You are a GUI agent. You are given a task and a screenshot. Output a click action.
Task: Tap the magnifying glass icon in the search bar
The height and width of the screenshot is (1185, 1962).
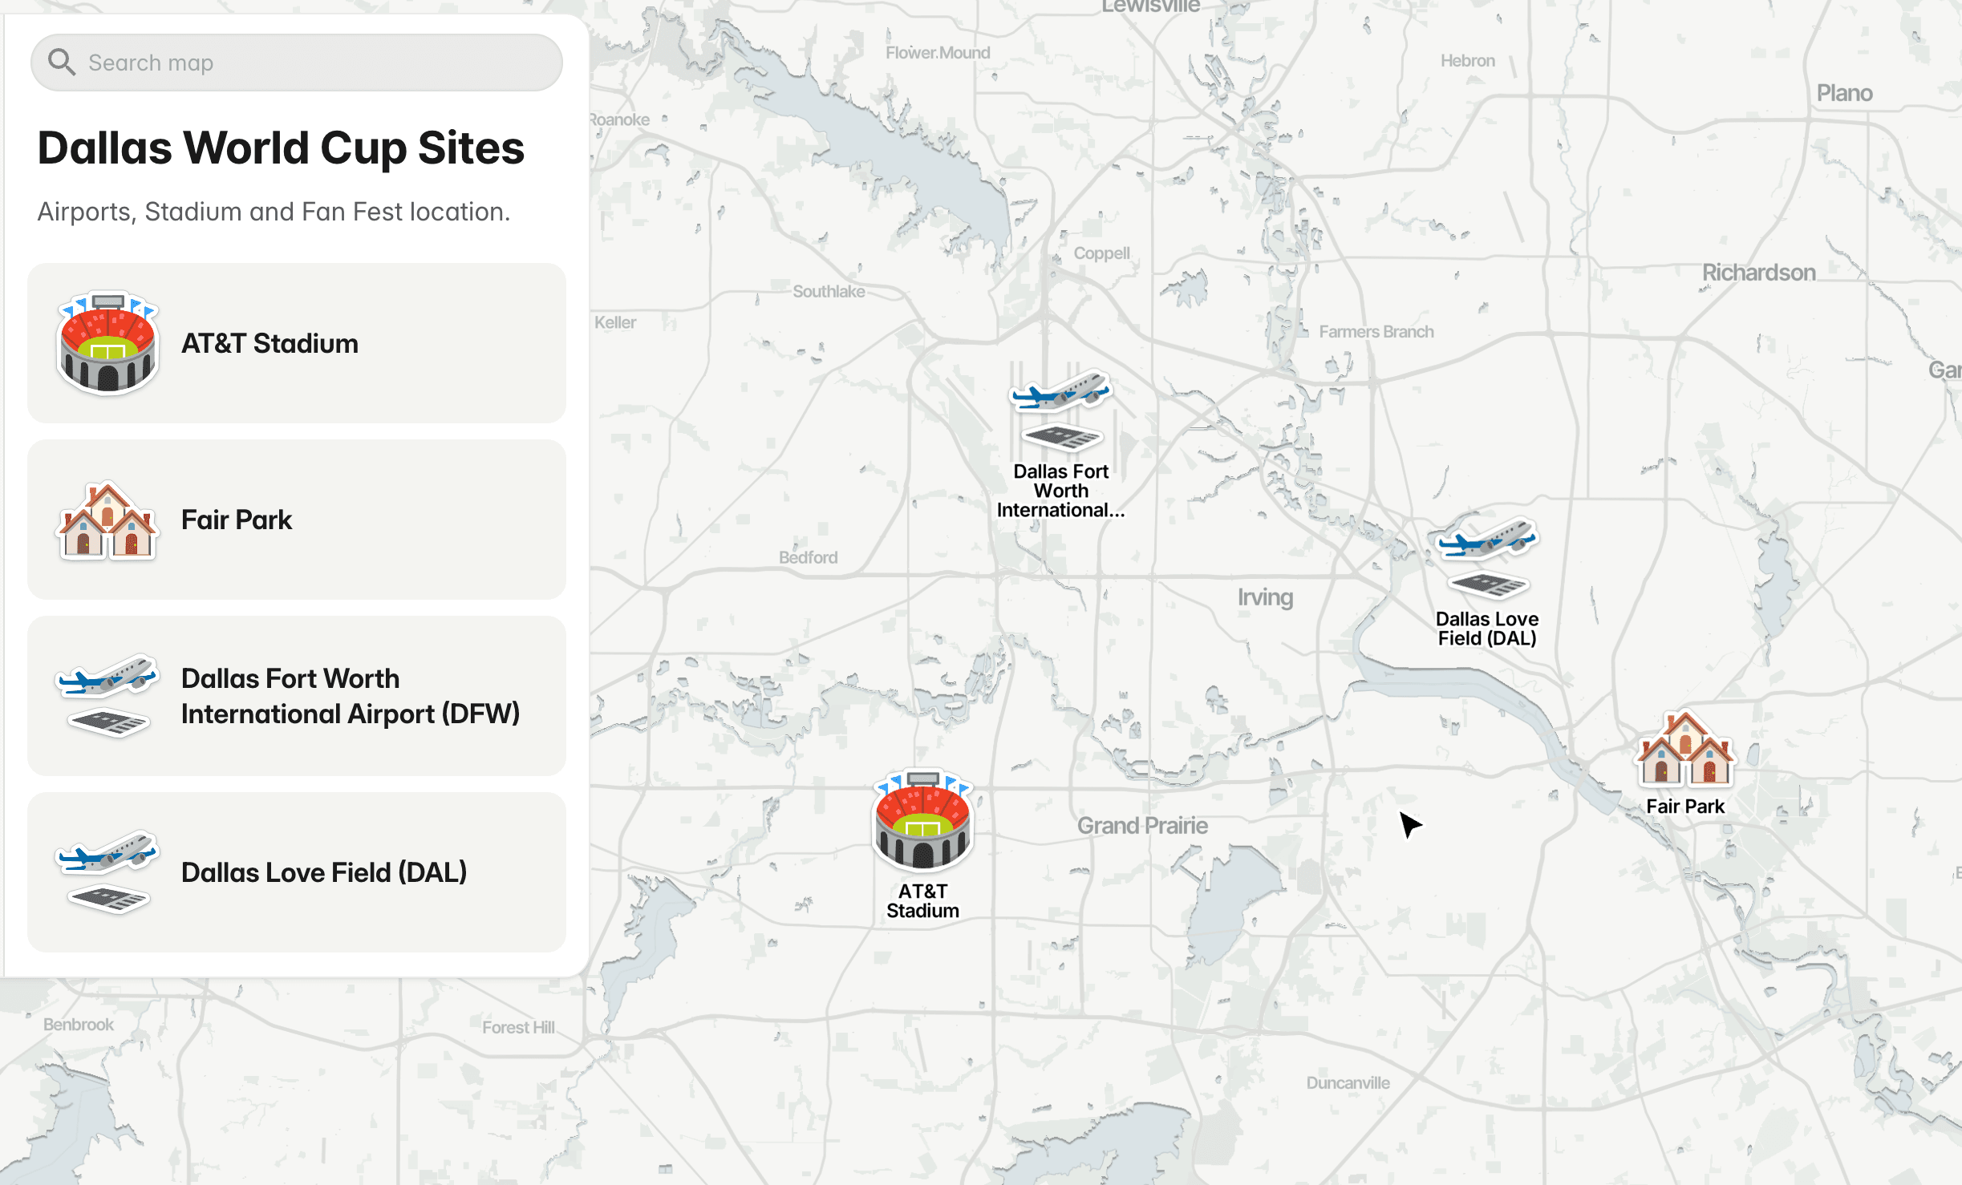(61, 62)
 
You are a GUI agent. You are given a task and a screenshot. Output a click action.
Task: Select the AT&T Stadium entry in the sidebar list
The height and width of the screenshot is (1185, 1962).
(297, 343)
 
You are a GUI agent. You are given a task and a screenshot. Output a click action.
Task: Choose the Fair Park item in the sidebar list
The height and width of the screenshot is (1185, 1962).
(297, 520)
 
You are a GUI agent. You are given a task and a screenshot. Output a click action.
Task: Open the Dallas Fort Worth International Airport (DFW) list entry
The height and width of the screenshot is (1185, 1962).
(297, 696)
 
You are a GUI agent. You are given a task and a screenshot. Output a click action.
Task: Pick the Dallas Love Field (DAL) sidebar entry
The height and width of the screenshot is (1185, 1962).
(297, 872)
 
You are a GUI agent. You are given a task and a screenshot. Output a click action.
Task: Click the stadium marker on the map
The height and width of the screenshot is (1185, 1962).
(922, 822)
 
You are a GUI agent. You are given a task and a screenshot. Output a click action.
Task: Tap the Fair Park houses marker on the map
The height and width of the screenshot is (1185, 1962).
(1685, 750)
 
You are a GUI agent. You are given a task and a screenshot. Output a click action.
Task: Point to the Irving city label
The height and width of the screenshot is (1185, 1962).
(1265, 597)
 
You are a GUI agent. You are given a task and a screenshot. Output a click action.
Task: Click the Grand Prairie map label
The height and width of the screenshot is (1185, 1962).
(1142, 826)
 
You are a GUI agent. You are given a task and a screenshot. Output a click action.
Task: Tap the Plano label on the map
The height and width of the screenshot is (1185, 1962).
(1844, 94)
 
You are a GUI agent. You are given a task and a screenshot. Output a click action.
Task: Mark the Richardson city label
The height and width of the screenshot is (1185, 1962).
(1758, 273)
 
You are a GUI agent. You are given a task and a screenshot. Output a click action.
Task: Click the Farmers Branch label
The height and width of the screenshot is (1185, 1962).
(1376, 332)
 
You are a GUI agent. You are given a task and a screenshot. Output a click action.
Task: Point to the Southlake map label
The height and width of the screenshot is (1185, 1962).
(829, 292)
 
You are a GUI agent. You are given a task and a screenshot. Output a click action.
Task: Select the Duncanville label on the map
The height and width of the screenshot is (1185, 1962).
(1348, 1083)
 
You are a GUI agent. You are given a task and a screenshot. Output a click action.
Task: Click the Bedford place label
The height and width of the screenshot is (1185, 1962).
(808, 557)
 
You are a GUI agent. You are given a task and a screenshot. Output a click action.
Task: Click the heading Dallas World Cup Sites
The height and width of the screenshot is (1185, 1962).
(281, 148)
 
